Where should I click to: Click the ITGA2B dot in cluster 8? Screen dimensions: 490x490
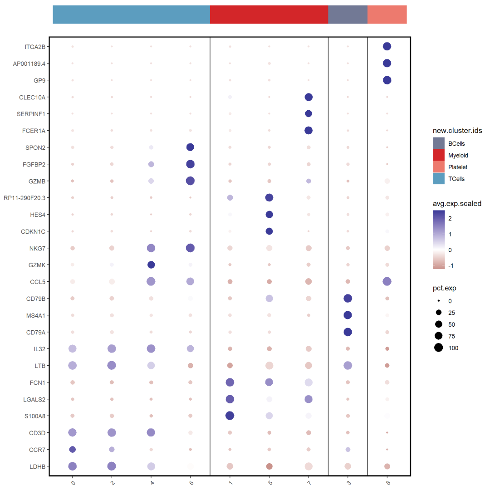(387, 46)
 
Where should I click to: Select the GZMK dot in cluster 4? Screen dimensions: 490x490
(151, 265)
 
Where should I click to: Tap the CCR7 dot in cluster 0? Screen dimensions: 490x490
(72, 449)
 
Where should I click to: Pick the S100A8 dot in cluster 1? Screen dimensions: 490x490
(230, 416)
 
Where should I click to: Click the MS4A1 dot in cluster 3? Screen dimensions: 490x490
(348, 315)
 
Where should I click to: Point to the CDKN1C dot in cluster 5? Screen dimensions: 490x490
(269, 231)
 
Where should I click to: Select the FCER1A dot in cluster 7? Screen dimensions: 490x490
(309, 131)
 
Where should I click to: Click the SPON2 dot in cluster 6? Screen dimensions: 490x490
(190, 147)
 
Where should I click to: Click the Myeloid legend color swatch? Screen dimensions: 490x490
(439, 155)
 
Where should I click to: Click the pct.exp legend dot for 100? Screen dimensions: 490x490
(439, 348)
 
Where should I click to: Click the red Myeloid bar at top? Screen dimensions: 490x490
(269, 15)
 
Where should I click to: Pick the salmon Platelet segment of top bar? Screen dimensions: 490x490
(387, 15)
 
